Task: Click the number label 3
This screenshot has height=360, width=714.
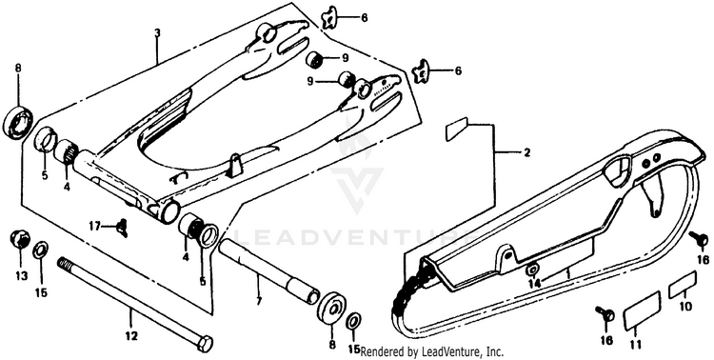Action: (157, 33)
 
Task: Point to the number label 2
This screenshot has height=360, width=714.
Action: (526, 152)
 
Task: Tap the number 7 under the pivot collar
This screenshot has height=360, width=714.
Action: (258, 301)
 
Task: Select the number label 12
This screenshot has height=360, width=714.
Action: (131, 337)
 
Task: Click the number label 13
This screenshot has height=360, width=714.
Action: (21, 275)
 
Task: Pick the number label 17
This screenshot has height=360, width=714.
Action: (94, 226)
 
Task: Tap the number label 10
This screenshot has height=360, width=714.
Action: (685, 307)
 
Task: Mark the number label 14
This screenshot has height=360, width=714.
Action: (534, 284)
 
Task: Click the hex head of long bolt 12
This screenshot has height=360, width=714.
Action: (207, 344)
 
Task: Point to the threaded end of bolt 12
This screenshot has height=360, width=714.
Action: (64, 264)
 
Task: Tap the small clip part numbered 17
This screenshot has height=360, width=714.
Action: (122, 228)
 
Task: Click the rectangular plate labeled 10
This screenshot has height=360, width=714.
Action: (683, 285)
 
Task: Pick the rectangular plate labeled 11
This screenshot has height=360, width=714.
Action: (642, 310)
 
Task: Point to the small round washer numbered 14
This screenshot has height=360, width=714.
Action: (532, 270)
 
